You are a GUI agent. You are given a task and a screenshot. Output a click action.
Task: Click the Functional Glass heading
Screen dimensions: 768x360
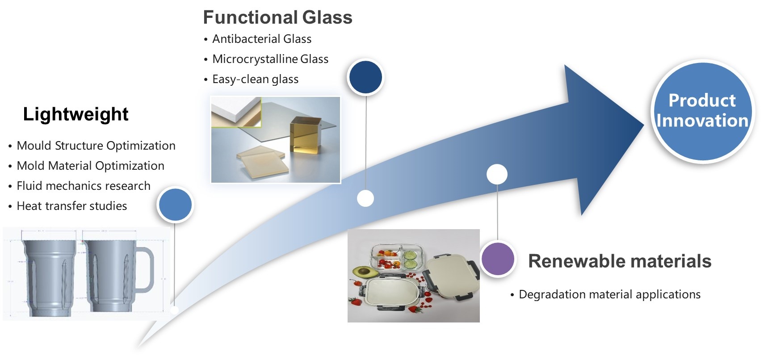pyautogui.click(x=277, y=17)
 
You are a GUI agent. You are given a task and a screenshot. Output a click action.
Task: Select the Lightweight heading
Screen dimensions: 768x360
pyautogui.click(x=76, y=114)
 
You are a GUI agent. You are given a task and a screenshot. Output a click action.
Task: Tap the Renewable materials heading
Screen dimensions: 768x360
pyautogui.click(x=620, y=261)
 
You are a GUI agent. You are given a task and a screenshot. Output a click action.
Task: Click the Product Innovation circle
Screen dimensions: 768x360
pyautogui.click(x=702, y=111)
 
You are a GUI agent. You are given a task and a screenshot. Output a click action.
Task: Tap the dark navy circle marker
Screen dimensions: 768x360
pyautogui.click(x=365, y=77)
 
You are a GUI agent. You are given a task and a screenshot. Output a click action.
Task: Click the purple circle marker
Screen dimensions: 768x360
pyautogui.click(x=498, y=259)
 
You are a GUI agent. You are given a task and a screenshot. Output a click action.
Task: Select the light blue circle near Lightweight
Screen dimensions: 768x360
pyautogui.click(x=175, y=205)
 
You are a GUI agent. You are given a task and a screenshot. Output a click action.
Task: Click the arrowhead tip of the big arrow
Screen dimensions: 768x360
pyautogui.click(x=644, y=126)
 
